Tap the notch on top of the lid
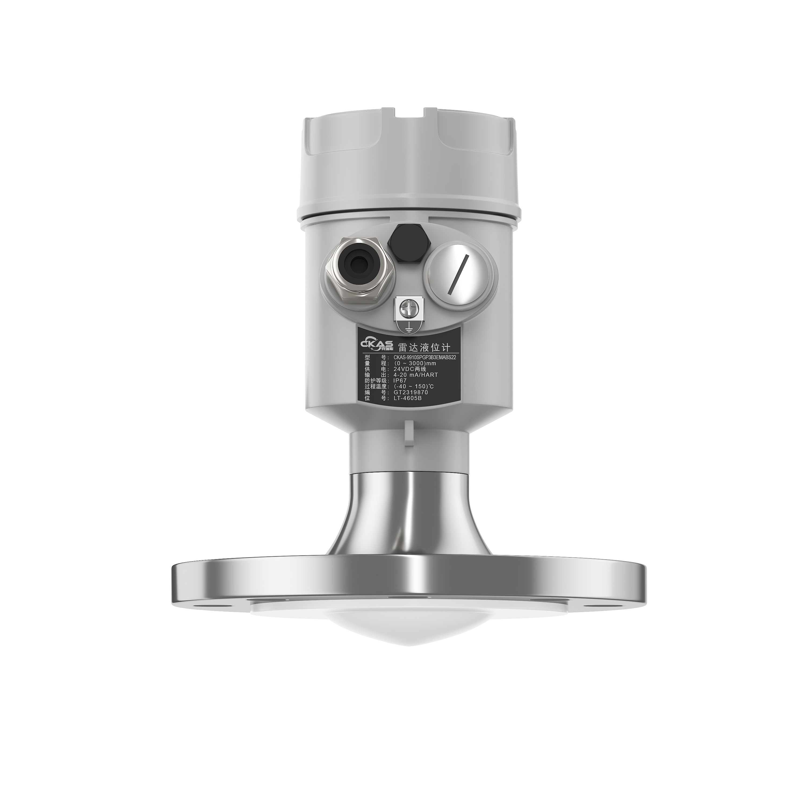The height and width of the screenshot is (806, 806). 409,112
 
